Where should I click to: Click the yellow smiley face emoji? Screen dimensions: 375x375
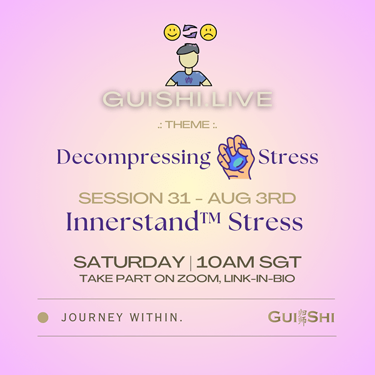click(x=172, y=32)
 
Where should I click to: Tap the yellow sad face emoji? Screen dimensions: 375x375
click(x=208, y=32)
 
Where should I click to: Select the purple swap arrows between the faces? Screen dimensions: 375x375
click(x=190, y=32)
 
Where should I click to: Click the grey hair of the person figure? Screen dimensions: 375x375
click(x=188, y=49)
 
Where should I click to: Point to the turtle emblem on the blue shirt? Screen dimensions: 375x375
click(x=189, y=80)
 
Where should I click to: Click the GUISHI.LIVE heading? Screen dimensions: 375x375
click(x=187, y=99)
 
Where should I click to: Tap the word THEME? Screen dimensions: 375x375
click(x=187, y=125)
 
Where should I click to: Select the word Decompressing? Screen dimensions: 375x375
click(x=134, y=158)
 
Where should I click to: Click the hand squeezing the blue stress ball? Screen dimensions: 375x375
click(x=235, y=157)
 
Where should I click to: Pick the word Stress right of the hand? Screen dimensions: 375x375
click(x=288, y=157)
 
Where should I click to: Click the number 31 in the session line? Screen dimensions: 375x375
click(x=179, y=198)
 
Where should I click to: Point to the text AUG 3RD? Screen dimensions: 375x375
click(x=252, y=198)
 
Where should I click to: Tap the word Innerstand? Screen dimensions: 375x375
click(x=132, y=221)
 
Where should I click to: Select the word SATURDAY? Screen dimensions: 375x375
click(x=129, y=262)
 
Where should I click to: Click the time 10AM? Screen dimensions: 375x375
click(x=225, y=262)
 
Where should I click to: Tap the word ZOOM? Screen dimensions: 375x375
click(x=199, y=279)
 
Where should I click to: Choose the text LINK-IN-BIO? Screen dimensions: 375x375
click(x=259, y=279)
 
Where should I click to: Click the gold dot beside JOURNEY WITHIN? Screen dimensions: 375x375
click(x=43, y=317)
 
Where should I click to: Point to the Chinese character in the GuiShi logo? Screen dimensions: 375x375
click(x=302, y=317)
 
